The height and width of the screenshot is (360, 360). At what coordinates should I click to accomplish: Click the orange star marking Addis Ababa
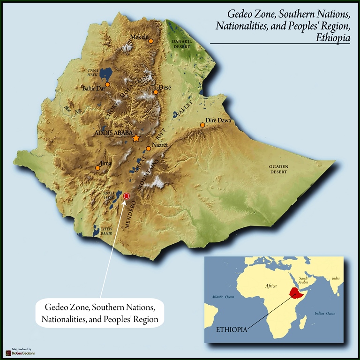[136, 138]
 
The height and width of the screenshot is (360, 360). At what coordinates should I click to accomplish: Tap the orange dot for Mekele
[151, 41]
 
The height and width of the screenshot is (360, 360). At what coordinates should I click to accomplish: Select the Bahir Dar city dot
[107, 84]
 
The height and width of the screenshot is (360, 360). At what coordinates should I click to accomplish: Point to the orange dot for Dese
[156, 92]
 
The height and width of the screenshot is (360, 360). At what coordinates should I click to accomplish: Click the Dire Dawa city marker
[202, 125]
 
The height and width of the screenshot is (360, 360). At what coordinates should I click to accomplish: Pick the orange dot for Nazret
[148, 149]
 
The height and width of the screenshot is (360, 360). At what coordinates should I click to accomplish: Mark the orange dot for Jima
[97, 168]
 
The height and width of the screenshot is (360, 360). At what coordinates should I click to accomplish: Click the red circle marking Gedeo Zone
[126, 196]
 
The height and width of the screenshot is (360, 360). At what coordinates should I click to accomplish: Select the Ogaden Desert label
[278, 169]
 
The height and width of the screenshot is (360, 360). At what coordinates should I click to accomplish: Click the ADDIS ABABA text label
[113, 133]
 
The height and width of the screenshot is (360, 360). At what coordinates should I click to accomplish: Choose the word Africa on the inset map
[271, 286]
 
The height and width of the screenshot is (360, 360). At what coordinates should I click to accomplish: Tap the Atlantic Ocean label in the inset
[223, 296]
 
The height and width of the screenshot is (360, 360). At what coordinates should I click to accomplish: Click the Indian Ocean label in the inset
[325, 313]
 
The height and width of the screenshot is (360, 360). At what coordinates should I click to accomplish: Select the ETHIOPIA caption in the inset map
[231, 330]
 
